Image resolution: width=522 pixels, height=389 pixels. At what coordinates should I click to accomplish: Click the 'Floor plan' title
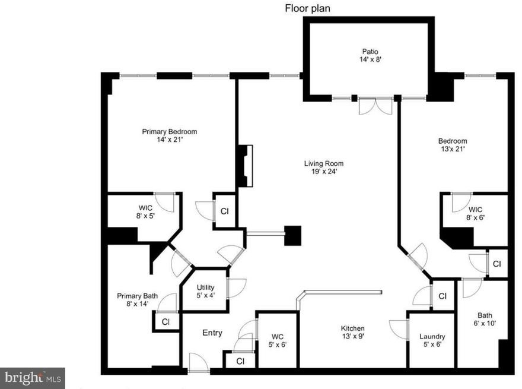(x=307, y=8)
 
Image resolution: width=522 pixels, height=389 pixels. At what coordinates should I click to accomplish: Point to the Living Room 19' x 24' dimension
(x=323, y=172)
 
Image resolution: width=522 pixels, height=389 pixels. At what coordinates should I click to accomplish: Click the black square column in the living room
(x=292, y=236)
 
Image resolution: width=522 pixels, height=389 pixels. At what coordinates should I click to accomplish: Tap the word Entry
(x=212, y=333)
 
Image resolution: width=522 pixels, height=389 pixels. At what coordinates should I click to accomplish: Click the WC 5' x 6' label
(x=278, y=341)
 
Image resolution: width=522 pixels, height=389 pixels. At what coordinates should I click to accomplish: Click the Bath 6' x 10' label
(x=485, y=319)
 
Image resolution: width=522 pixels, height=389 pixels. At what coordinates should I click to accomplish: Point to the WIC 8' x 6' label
(x=475, y=214)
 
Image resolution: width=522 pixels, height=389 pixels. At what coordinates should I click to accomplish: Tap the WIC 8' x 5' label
(x=145, y=212)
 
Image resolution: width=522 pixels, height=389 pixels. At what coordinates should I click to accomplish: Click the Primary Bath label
(x=137, y=296)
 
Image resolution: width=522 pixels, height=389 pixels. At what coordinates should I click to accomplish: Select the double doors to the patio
(x=375, y=106)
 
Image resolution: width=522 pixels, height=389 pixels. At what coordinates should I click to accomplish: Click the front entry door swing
(x=198, y=362)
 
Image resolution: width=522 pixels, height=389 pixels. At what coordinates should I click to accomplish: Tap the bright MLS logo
(x=32, y=378)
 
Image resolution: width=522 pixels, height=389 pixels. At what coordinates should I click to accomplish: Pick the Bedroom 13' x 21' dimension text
(x=453, y=149)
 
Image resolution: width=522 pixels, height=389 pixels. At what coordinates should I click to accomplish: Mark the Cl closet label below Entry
(x=240, y=361)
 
